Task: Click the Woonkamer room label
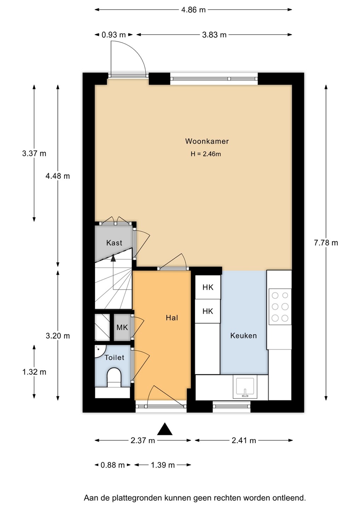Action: click(x=207, y=141)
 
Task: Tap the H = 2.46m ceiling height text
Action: click(x=206, y=154)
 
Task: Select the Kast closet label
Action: click(x=114, y=243)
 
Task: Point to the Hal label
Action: click(x=172, y=318)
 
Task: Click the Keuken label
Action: click(x=243, y=336)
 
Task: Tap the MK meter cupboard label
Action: click(x=122, y=327)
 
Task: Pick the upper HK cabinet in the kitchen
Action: click(x=208, y=287)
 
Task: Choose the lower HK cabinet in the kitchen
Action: click(x=208, y=311)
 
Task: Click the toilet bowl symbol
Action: click(x=114, y=377)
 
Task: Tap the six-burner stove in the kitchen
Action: click(x=280, y=306)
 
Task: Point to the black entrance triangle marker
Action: click(x=165, y=428)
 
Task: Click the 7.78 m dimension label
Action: click(x=326, y=243)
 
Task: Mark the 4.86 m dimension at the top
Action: click(x=193, y=10)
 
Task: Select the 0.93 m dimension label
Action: click(x=114, y=35)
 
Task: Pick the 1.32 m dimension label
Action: click(x=34, y=372)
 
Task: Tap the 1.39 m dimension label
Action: click(x=163, y=465)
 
